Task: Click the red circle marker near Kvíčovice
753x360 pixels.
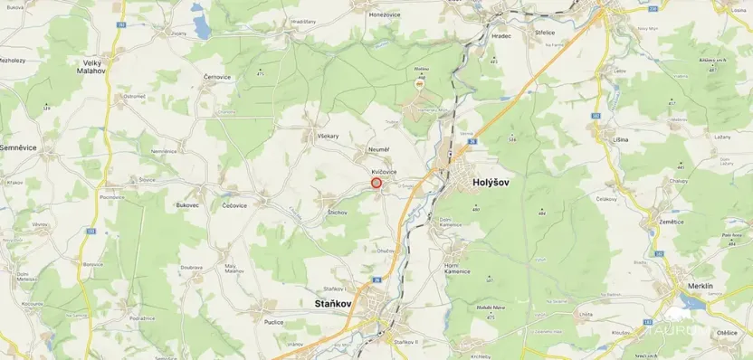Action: (x=376, y=183)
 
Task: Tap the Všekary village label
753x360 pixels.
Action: (x=328, y=136)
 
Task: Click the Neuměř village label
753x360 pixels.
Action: (x=378, y=148)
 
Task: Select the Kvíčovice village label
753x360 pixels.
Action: (x=384, y=171)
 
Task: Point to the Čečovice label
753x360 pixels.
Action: (x=234, y=205)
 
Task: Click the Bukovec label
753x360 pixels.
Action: (x=187, y=205)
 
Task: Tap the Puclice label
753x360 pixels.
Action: (x=274, y=322)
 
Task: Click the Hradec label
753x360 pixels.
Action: (x=500, y=36)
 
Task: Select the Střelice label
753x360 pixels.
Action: (x=545, y=32)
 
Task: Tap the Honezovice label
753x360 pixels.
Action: (x=385, y=14)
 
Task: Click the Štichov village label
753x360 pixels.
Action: (x=337, y=212)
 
